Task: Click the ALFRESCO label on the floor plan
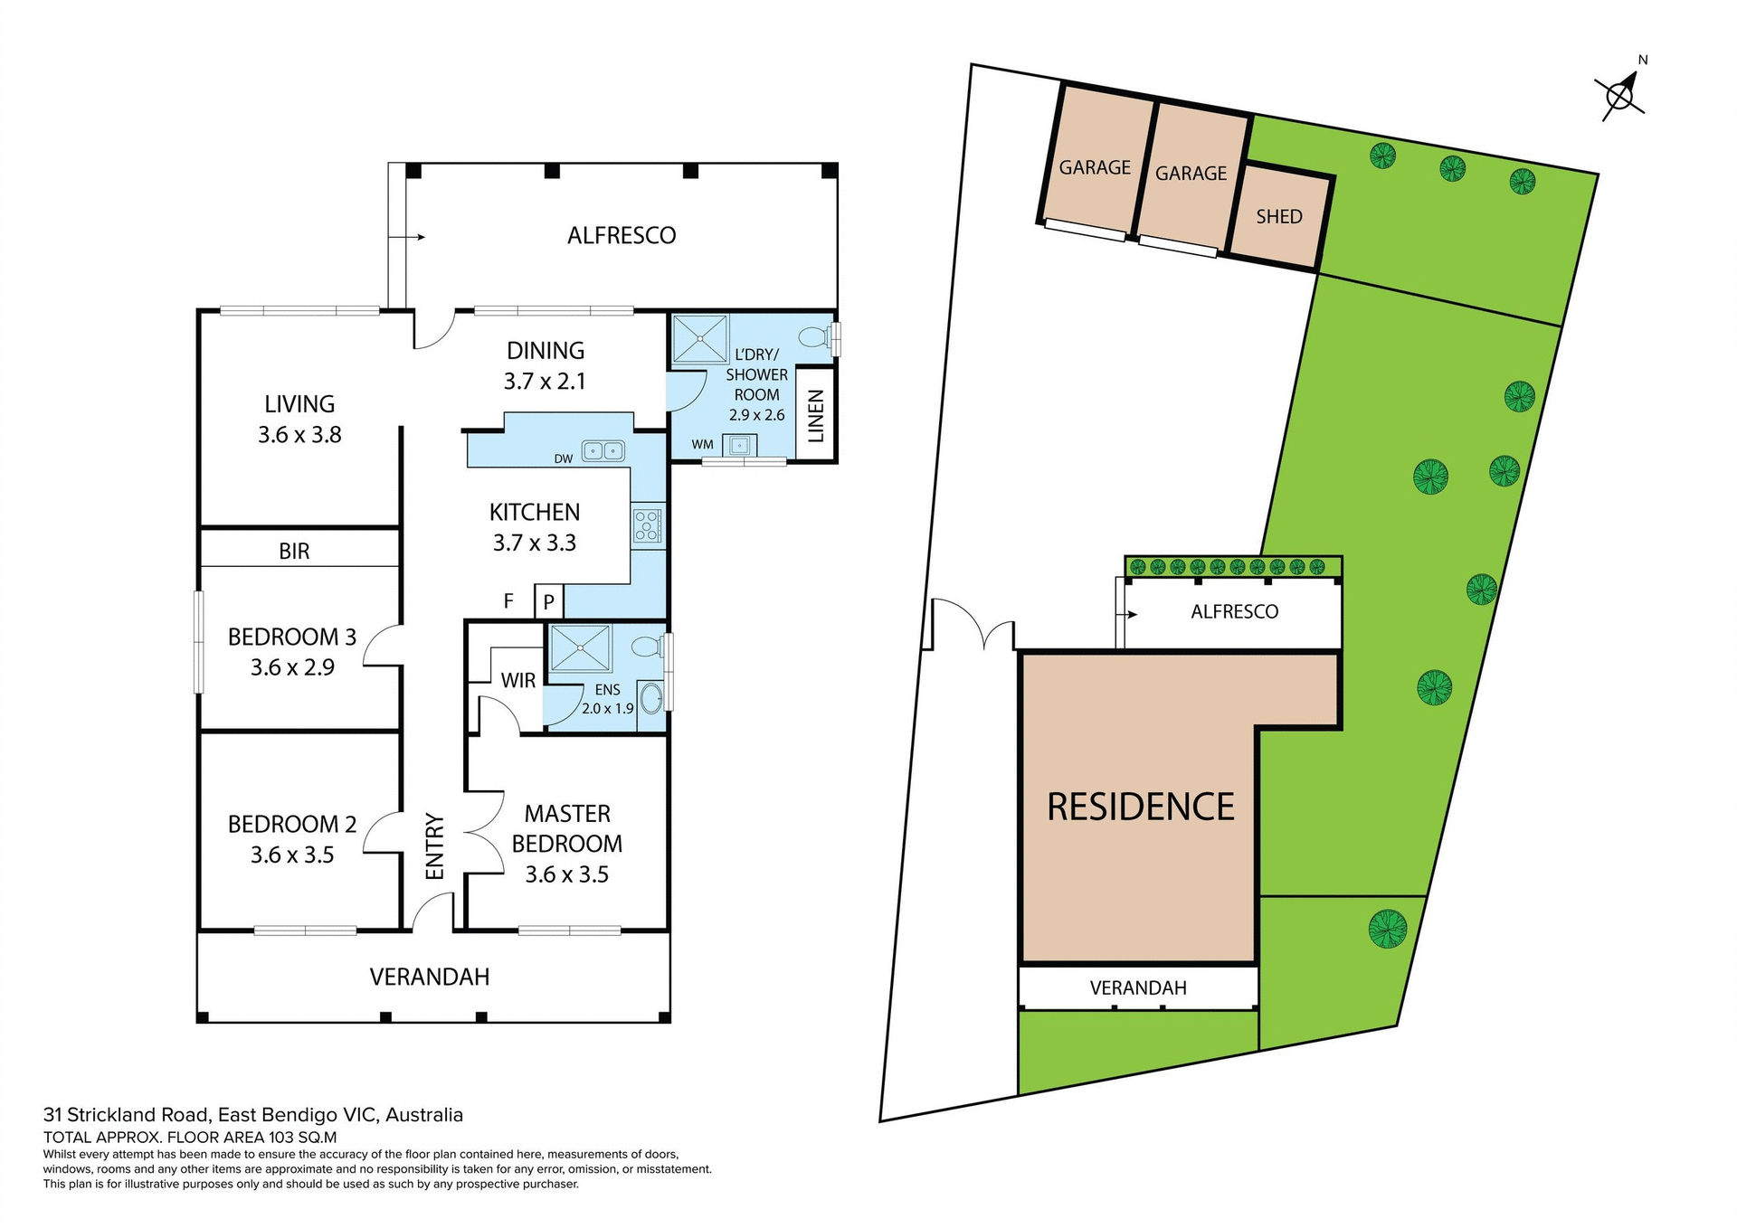click(622, 236)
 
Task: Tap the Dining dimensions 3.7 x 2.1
click(545, 382)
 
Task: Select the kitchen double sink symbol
click(603, 449)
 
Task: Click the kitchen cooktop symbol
click(648, 525)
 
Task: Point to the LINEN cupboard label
click(816, 416)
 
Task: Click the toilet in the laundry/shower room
click(815, 337)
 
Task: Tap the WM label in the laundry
click(702, 445)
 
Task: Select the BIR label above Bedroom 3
click(294, 552)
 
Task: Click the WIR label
click(518, 681)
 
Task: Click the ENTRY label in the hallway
click(435, 846)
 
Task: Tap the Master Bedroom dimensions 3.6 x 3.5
click(566, 874)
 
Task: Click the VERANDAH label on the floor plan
click(430, 978)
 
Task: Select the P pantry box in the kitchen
click(549, 601)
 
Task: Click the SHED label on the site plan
click(1279, 217)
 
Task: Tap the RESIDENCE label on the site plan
click(1141, 808)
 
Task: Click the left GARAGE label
click(1095, 168)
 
